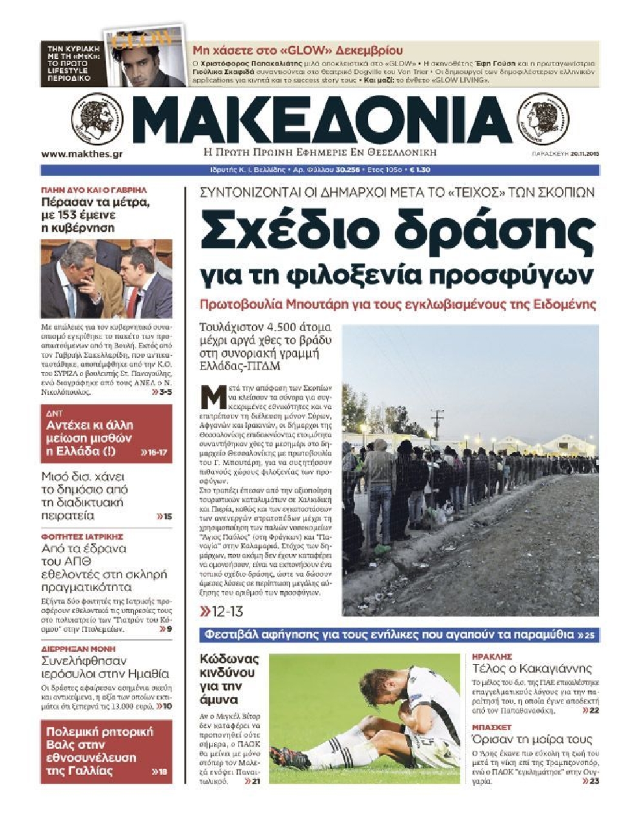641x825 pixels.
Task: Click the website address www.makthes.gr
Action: point(81,154)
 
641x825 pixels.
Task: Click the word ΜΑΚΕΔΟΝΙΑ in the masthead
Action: point(320,120)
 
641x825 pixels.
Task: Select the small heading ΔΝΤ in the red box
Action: point(55,413)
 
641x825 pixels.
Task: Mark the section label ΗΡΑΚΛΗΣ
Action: point(492,657)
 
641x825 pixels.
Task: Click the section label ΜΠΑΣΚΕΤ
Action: point(492,727)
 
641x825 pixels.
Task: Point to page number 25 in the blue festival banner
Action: point(590,635)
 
